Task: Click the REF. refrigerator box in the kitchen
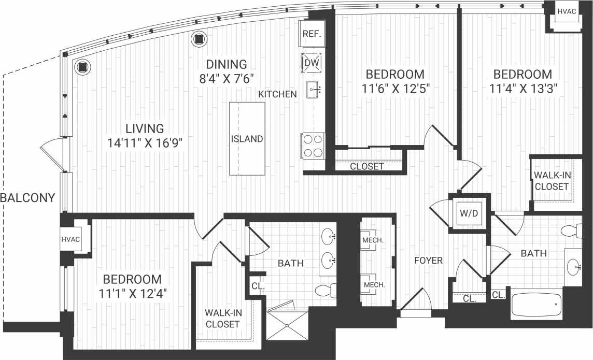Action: tap(312, 35)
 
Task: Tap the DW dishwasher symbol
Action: tap(312, 63)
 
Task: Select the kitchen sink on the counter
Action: tap(313, 90)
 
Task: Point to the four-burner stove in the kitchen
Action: tap(312, 146)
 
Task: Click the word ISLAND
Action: tap(247, 139)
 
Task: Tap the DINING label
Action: tap(226, 64)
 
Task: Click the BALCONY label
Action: tap(27, 197)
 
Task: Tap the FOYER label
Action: tap(428, 261)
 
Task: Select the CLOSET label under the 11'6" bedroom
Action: tap(367, 167)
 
